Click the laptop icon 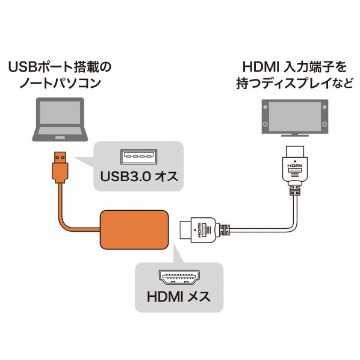coord(60,119)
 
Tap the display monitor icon coord(295,117)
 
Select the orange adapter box coord(134,229)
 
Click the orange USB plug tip coord(60,158)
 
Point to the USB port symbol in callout coord(139,157)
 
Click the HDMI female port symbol coord(179,278)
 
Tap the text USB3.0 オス coord(139,177)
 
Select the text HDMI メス coord(179,296)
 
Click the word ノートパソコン coord(60,83)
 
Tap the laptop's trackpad coord(60,137)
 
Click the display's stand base coord(295,135)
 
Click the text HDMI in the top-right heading coord(261,67)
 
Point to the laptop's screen coord(60,112)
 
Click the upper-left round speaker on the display coord(265,107)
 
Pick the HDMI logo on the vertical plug coord(295,166)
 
